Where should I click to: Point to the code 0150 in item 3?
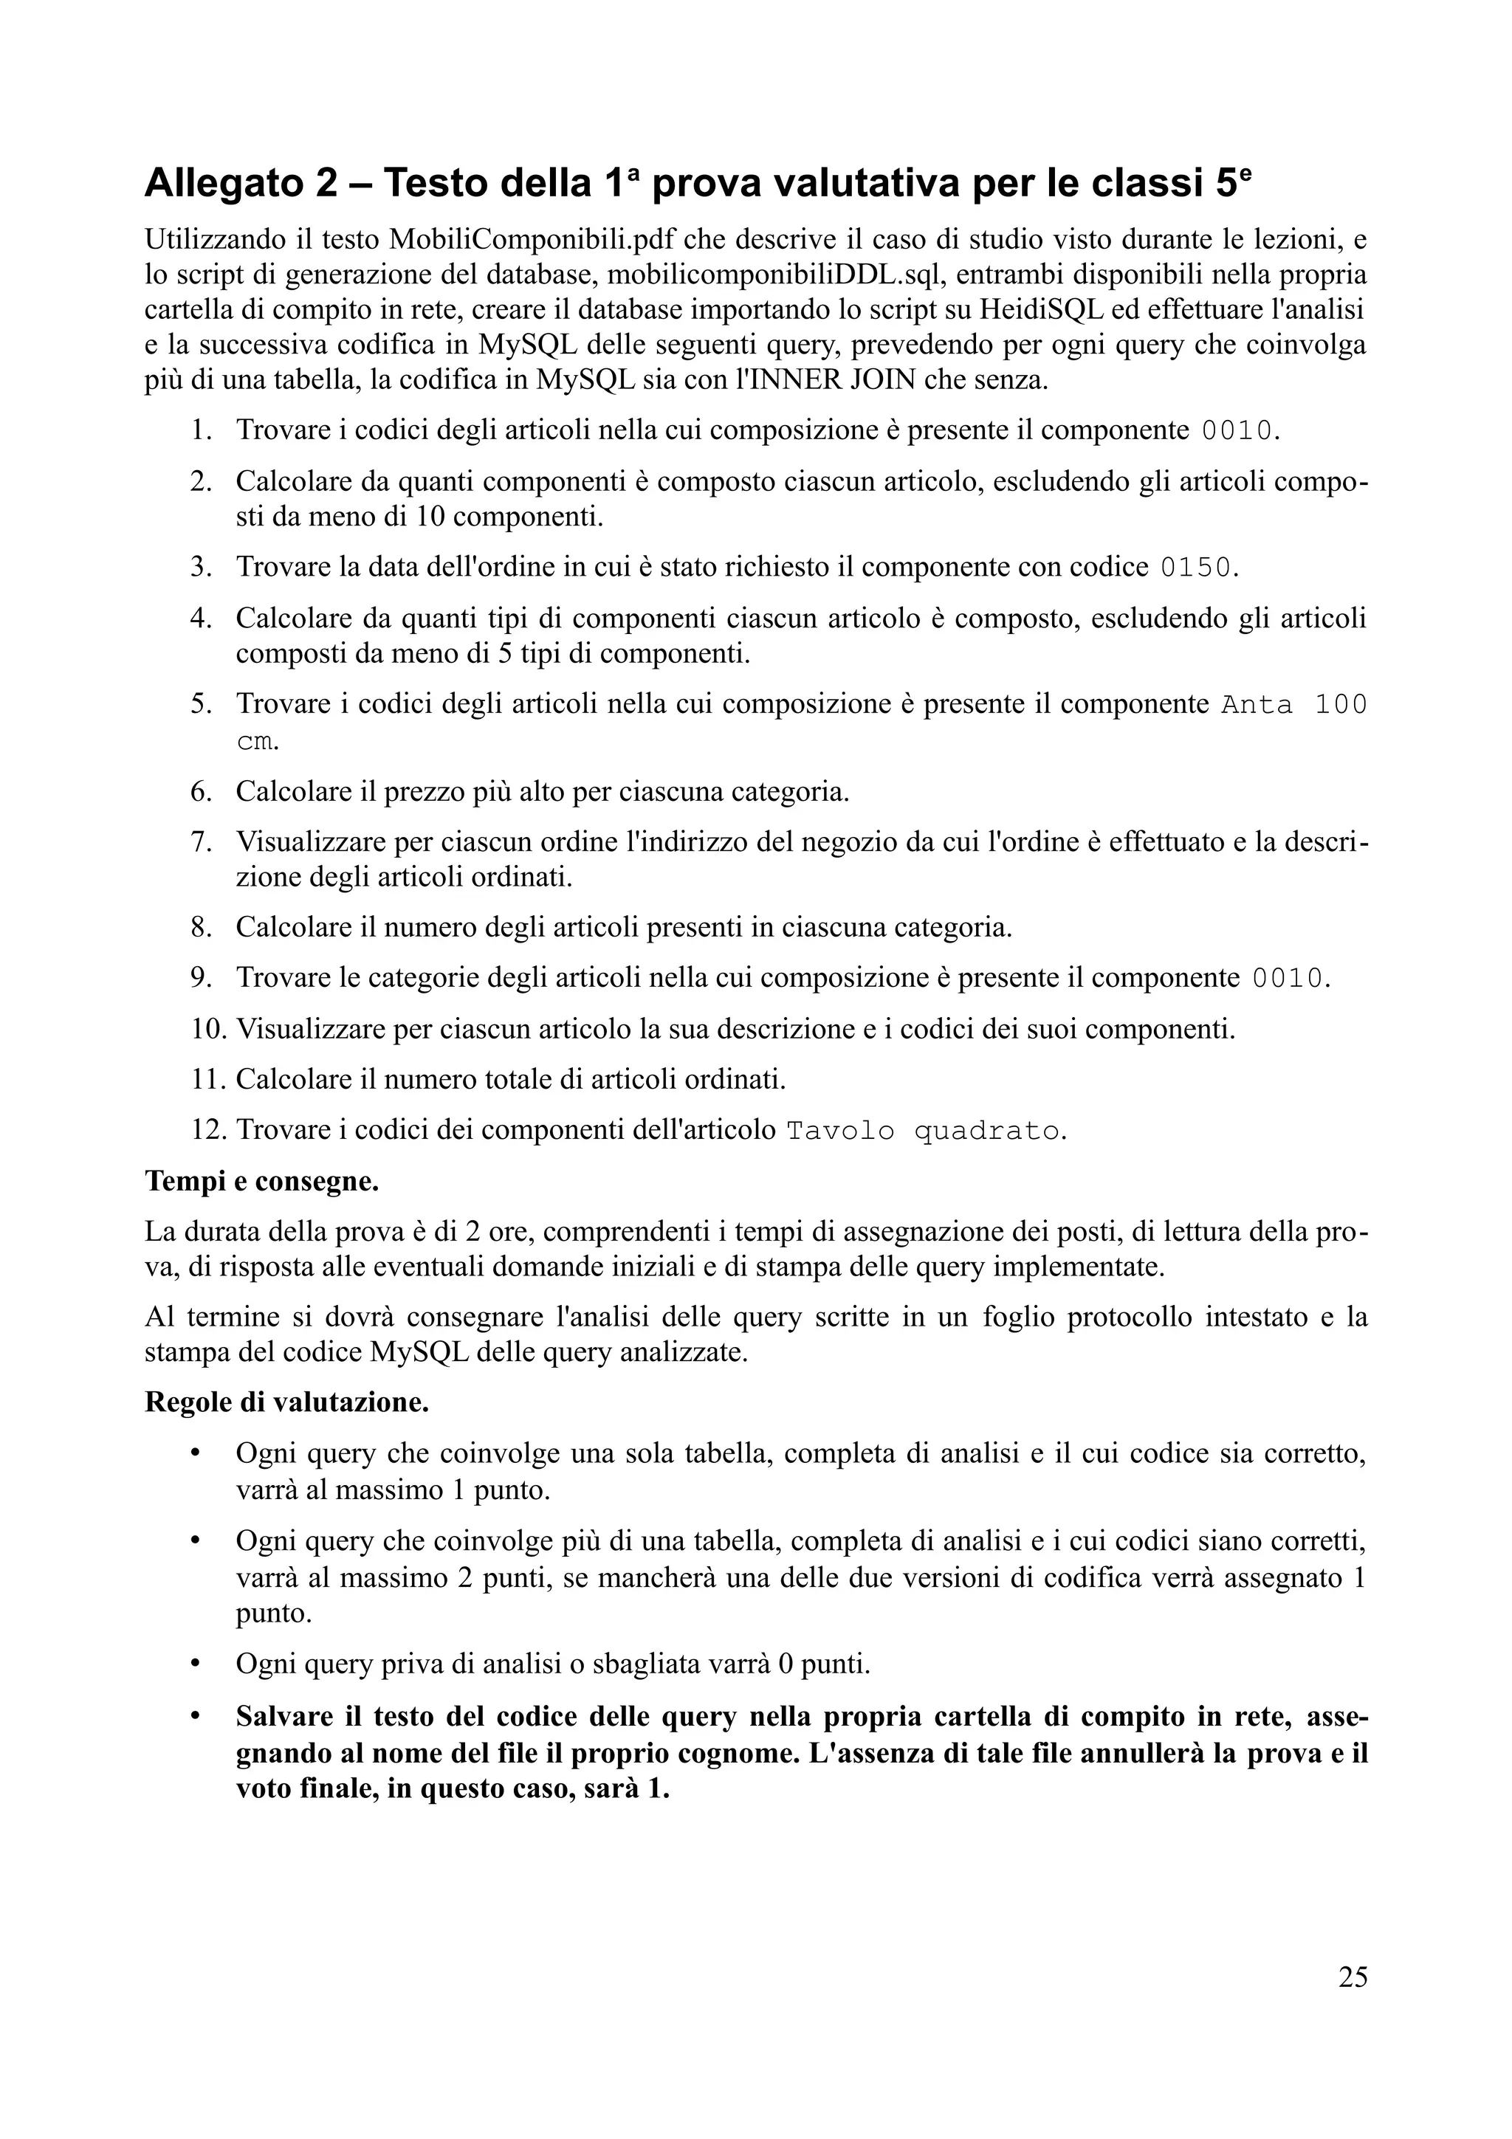(x=1195, y=568)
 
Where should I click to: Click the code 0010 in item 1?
(x=1236, y=430)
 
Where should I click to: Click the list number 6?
(x=202, y=792)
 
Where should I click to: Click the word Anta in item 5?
(x=1257, y=705)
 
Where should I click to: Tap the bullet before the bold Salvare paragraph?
(x=196, y=1717)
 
